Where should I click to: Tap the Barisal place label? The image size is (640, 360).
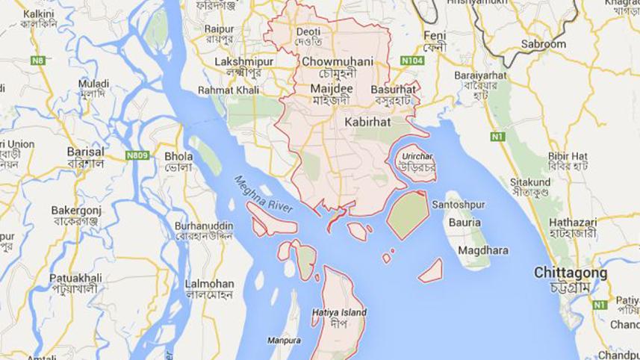pyautogui.click(x=85, y=151)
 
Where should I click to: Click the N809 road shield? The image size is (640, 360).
pyautogui.click(x=137, y=155)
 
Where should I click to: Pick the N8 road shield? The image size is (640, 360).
pyautogui.click(x=38, y=60)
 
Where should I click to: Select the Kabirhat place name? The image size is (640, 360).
pyautogui.click(x=369, y=120)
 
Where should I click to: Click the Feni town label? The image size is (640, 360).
pyautogui.click(x=434, y=36)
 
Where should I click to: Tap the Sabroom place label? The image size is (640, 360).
pyautogui.click(x=544, y=44)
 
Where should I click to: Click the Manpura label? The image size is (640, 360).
pyautogui.click(x=284, y=341)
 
